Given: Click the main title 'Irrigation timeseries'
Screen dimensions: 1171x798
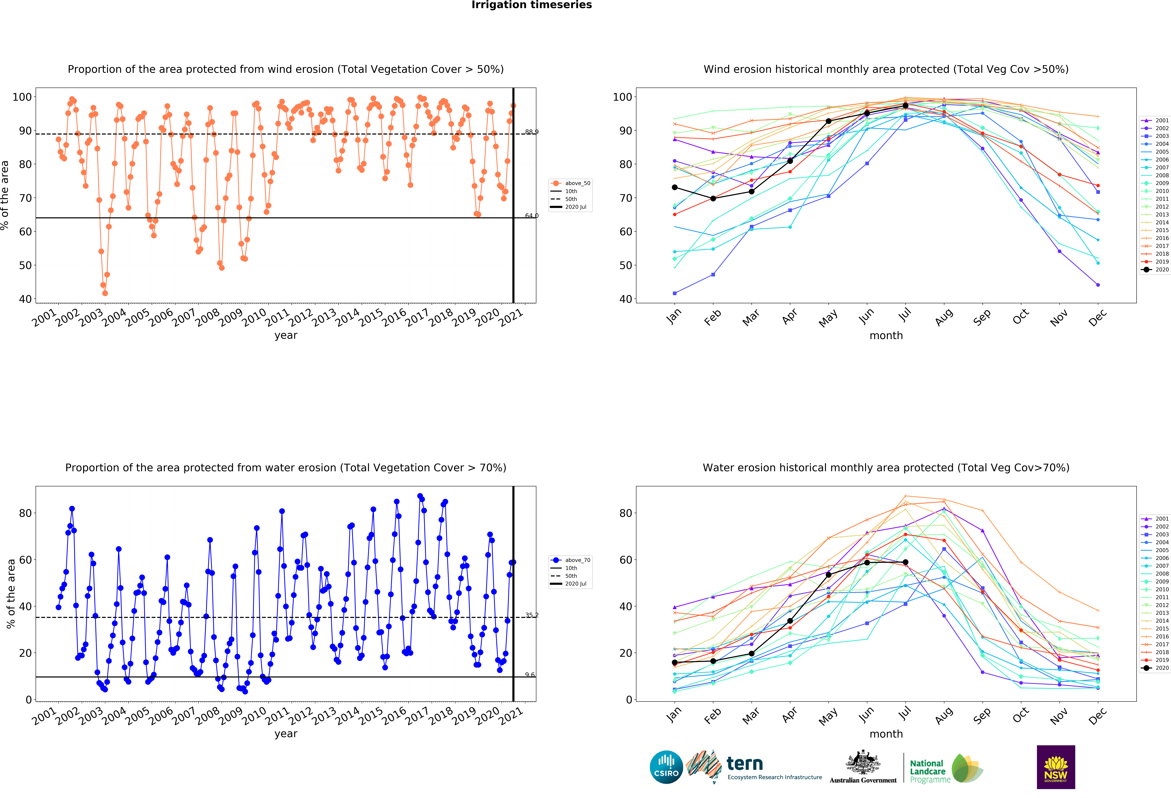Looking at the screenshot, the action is coord(532,5).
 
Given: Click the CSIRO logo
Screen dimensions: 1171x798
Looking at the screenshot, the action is coord(666,767).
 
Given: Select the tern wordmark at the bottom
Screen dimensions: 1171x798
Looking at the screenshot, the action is coord(745,764).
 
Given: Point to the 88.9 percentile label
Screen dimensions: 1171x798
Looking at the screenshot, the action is coord(532,132).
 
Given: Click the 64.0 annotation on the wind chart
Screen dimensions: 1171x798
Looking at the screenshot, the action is coord(532,216).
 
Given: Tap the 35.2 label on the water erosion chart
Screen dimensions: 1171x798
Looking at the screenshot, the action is coord(532,615).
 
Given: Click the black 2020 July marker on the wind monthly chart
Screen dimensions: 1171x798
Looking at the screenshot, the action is coord(906,106).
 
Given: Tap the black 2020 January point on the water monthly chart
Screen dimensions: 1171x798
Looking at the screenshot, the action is coord(675,662).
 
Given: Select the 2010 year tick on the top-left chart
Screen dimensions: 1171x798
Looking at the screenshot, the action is coord(254,318).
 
